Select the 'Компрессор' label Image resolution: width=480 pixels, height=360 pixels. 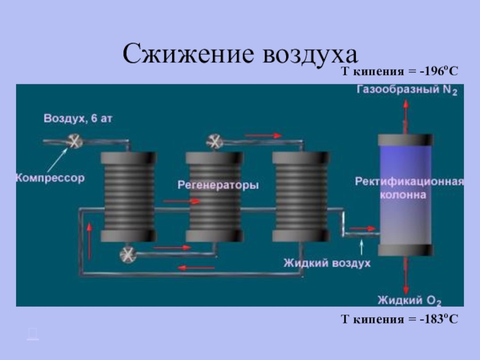click(50, 178)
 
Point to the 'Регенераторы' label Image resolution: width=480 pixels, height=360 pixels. click(218, 185)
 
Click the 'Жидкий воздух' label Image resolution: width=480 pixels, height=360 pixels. click(327, 263)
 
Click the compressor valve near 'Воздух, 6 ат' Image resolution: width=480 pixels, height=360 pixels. click(75, 142)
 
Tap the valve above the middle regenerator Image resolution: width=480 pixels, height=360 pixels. click(214, 142)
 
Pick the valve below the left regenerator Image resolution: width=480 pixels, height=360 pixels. click(128, 254)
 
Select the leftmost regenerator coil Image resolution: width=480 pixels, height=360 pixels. click(127, 195)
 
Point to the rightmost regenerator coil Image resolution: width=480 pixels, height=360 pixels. click(299, 195)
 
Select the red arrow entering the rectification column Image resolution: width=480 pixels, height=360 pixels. click(362, 228)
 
